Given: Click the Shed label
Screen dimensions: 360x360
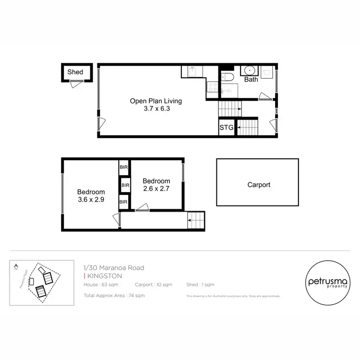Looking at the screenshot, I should tap(75, 72).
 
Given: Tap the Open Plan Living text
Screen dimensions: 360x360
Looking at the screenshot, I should tap(156, 101).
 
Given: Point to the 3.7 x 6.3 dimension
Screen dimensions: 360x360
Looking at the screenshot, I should tap(156, 108).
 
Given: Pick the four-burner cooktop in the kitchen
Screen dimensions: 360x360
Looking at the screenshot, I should tap(212, 87).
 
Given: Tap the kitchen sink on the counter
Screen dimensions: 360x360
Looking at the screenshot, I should tap(192, 72).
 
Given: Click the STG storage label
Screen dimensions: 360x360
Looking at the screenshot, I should tap(226, 128).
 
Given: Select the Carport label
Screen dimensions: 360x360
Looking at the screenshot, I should tap(259, 184).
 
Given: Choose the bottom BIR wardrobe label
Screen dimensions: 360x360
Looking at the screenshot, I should tap(124, 202).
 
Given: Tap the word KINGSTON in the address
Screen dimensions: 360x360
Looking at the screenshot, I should tap(104, 276).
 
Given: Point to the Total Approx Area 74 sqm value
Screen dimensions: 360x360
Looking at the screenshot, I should tap(114, 295).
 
